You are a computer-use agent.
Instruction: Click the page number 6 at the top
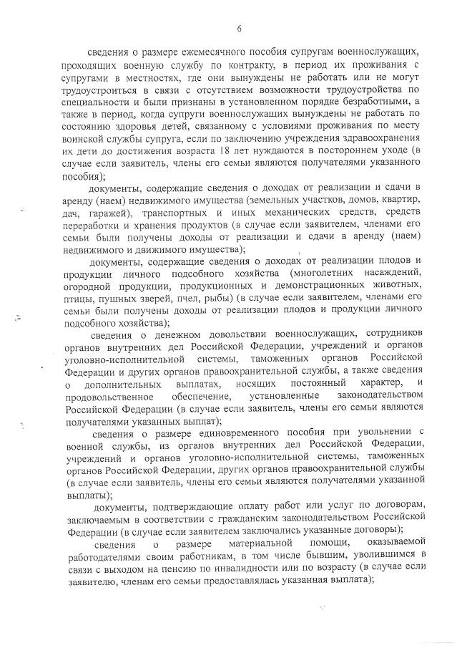pos(239,28)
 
